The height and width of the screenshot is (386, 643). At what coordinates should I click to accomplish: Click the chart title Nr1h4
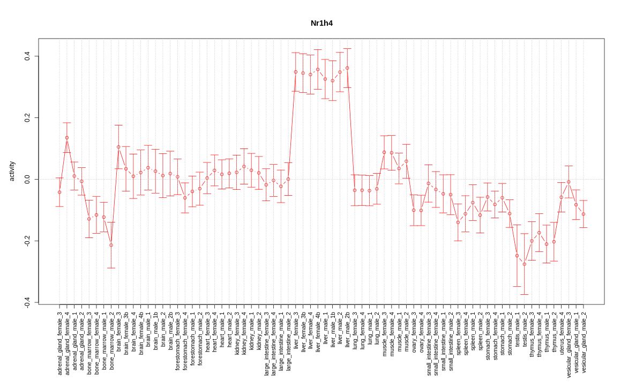point(322,23)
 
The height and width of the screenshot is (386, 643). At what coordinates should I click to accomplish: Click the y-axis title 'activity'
point(12,171)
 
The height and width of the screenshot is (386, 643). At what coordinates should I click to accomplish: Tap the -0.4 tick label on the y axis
point(27,302)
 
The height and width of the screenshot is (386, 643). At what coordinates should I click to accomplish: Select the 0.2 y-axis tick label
point(27,118)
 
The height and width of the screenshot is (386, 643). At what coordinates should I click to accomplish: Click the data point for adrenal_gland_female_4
point(67,138)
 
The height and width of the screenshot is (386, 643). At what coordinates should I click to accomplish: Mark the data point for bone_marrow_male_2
point(111,245)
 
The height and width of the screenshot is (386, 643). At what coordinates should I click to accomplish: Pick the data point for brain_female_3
point(118,147)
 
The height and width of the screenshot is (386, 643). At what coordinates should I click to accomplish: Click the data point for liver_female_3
point(295,72)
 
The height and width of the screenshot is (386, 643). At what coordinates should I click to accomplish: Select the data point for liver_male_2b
point(347,68)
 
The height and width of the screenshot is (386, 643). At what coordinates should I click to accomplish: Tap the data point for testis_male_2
point(525,264)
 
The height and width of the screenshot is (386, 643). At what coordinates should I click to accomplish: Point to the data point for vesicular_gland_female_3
point(569,182)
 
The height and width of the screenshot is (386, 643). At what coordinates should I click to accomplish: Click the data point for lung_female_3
point(355,190)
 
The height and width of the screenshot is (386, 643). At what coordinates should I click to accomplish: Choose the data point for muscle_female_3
point(384,152)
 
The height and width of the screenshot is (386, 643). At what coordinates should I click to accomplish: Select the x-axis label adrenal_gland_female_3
point(59,344)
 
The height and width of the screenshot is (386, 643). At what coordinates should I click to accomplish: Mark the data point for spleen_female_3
point(458,222)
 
